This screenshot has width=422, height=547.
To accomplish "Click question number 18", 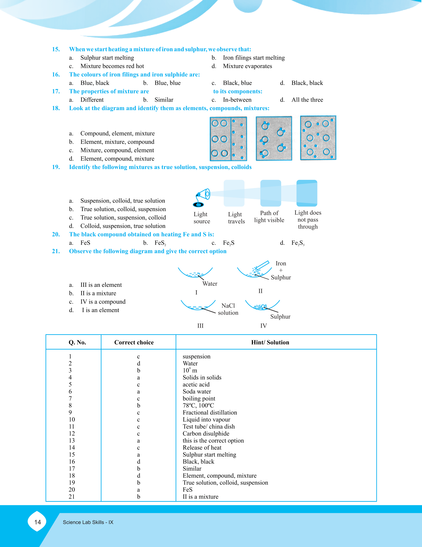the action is [56, 108].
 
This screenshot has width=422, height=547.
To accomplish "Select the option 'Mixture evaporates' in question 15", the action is [247, 66].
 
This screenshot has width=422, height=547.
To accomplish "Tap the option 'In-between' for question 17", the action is [237, 100].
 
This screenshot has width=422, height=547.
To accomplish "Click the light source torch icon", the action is [201, 198].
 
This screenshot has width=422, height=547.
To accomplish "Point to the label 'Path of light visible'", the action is [269, 217].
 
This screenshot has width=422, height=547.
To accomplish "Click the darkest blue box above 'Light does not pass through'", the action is [307, 193].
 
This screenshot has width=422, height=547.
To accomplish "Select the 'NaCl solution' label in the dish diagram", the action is [228, 309].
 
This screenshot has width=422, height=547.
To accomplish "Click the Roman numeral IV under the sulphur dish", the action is [264, 326].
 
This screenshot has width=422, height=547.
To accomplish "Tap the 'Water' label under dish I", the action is [210, 284].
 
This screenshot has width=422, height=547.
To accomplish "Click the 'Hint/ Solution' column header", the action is [270, 343].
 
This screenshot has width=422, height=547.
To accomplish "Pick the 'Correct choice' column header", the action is [134, 343].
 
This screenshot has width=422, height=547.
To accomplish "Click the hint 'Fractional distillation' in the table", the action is [210, 412].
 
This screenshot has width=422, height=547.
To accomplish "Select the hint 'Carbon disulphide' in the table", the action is [206, 434].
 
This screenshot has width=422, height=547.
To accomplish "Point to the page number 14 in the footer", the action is [38, 522].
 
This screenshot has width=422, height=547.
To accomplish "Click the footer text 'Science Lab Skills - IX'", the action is [88, 522].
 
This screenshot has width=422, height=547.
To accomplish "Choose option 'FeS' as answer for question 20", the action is [85, 243].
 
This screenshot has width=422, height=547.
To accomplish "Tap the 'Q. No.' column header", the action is [77, 343].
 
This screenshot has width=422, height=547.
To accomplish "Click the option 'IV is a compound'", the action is [103, 302].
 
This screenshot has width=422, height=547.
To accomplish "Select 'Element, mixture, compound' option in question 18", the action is [117, 142].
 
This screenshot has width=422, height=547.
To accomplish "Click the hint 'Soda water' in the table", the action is [197, 392].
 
